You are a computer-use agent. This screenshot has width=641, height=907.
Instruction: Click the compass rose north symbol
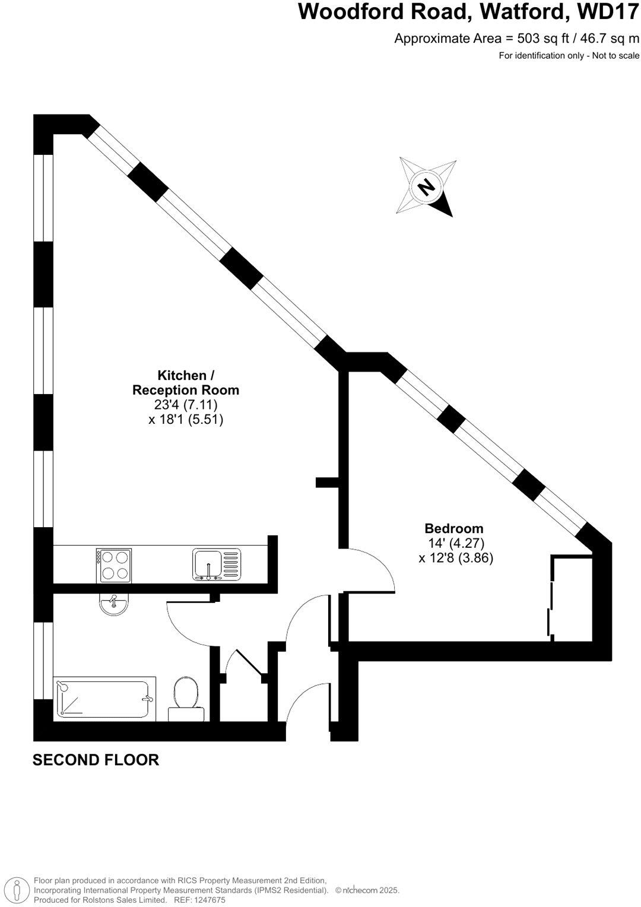426,188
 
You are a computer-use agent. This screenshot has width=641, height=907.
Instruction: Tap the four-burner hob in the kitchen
113,565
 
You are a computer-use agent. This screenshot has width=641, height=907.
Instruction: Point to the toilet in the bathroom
186,698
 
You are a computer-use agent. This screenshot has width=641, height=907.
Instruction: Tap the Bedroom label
454,528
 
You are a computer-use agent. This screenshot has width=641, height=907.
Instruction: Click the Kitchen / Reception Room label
185,383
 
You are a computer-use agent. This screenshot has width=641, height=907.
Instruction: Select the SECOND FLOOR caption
96,760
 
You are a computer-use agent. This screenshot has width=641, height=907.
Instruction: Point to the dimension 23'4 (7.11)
186,405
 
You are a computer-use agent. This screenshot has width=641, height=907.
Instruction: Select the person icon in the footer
17,890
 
